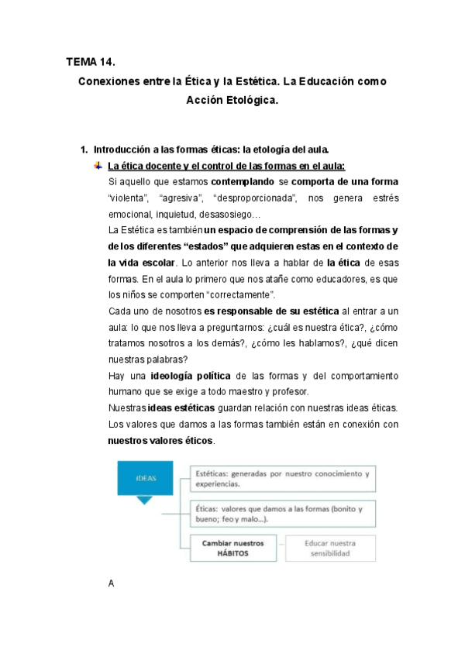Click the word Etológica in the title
(252, 100)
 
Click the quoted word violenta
(129, 198)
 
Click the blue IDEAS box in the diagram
(144, 478)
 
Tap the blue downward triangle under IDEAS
(144, 500)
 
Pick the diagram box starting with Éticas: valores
(282, 514)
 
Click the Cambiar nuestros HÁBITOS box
(232, 549)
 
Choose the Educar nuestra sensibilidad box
(331, 549)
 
